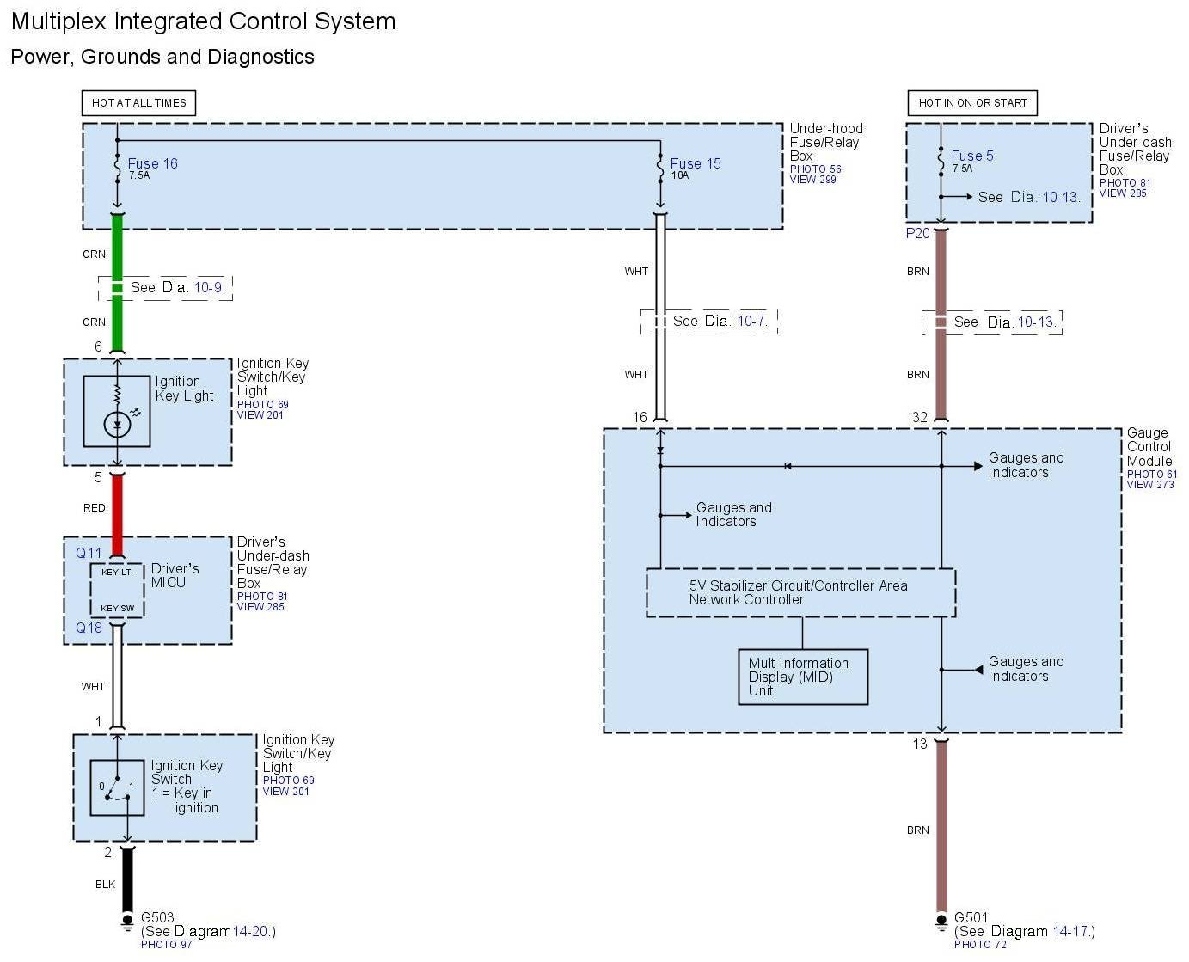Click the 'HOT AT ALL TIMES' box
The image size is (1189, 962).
tap(138, 103)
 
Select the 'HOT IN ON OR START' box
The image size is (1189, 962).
tap(972, 103)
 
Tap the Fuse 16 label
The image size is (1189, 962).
tap(152, 163)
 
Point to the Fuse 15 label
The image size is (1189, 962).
tap(695, 163)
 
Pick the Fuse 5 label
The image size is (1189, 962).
tap(971, 156)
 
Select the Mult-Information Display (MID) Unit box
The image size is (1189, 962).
tap(802, 677)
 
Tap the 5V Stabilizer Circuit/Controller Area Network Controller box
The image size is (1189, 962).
tap(800, 592)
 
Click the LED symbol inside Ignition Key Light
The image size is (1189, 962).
tap(117, 424)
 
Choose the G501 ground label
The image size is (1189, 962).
tap(971, 917)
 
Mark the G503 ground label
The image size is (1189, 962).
tap(157, 917)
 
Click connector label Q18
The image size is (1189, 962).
tap(89, 628)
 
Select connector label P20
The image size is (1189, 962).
tap(917, 233)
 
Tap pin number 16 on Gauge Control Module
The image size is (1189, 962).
tap(640, 417)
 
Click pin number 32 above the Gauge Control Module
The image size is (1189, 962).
tap(919, 417)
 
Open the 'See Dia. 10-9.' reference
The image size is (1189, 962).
tap(177, 287)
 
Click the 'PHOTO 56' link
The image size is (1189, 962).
tap(815, 169)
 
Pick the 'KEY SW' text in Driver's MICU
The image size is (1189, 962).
tap(117, 608)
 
